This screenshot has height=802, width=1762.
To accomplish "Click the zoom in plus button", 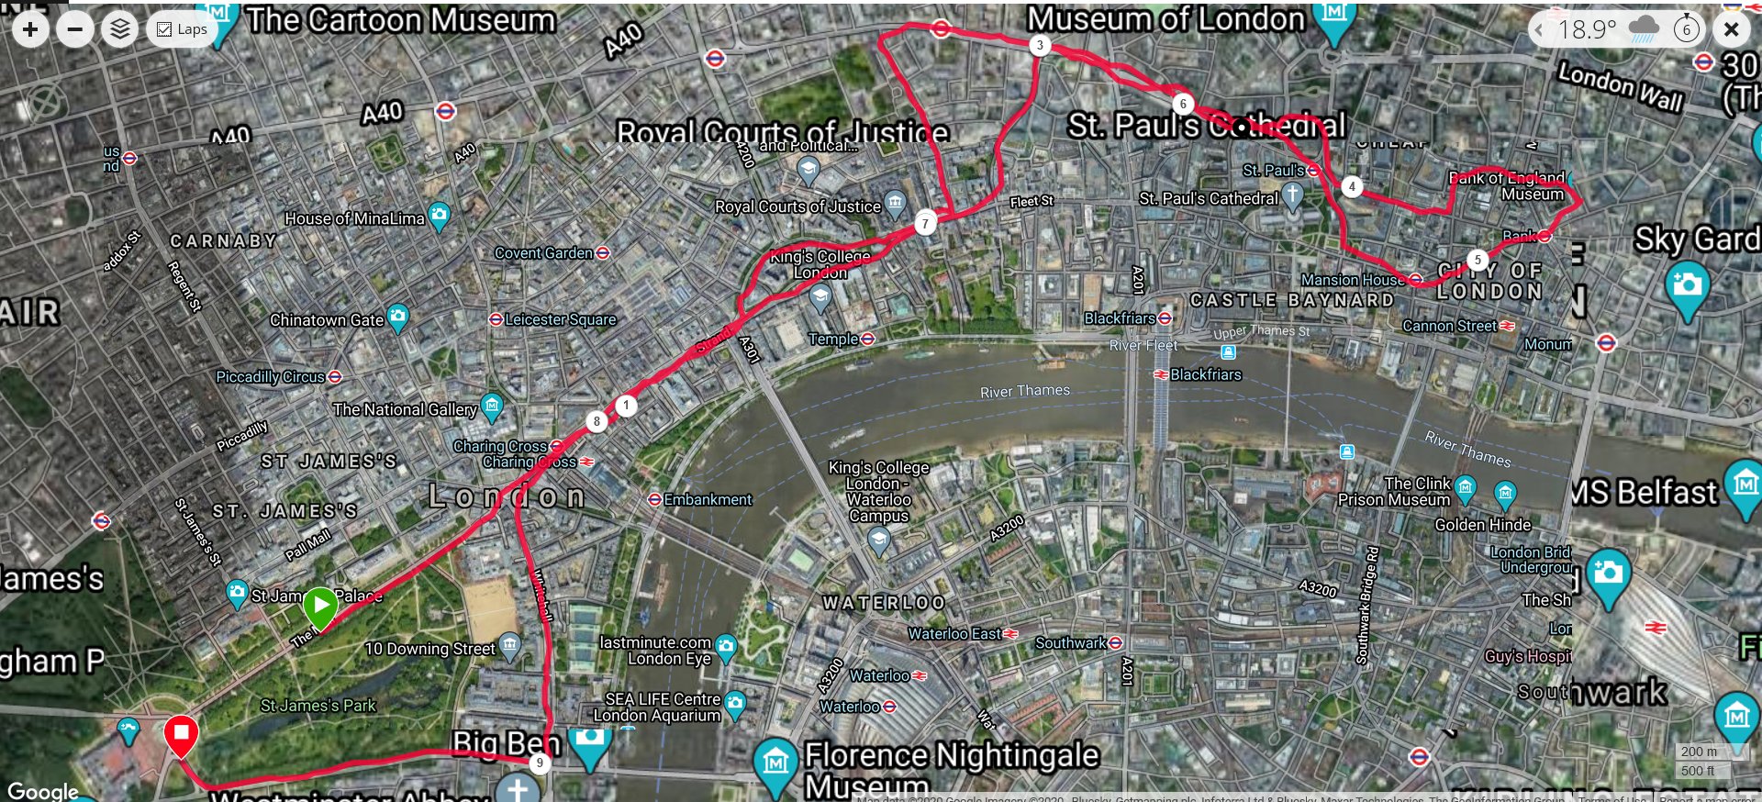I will click(x=30, y=29).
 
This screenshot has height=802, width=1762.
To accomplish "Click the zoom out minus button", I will click(x=75, y=29).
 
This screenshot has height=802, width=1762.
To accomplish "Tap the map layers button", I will click(x=120, y=29).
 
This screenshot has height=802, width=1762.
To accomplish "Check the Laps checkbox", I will click(x=165, y=29).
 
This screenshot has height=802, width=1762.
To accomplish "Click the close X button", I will click(x=1731, y=29).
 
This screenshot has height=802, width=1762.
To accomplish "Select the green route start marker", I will click(x=320, y=606).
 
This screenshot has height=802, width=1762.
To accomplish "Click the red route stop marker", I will click(x=181, y=734).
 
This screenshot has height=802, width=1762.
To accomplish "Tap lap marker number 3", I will click(x=1039, y=45).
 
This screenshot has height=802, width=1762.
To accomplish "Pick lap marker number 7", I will click(x=925, y=222).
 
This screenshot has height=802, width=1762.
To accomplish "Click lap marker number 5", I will click(x=1477, y=260).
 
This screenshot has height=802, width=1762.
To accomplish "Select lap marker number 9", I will click(x=540, y=763).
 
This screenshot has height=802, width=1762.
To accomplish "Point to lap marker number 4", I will click(x=1351, y=186).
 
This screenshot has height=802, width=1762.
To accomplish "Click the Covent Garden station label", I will click(x=544, y=253).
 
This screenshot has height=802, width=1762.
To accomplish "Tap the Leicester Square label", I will click(x=560, y=319).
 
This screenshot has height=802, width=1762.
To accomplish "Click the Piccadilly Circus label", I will click(x=271, y=377).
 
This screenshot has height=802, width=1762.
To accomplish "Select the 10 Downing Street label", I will click(x=429, y=649).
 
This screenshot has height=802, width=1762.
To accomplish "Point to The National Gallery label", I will click(x=405, y=409).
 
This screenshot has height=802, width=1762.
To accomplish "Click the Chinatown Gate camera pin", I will click(x=397, y=317).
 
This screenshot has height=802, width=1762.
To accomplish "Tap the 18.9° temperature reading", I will click(x=1587, y=29).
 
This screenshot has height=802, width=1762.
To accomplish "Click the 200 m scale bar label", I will click(x=1698, y=752).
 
